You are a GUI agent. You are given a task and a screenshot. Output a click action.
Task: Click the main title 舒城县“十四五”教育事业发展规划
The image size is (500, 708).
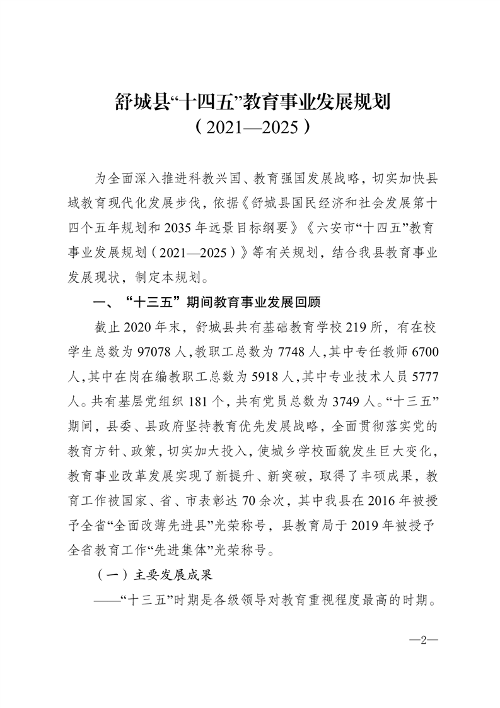tap(250, 101)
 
